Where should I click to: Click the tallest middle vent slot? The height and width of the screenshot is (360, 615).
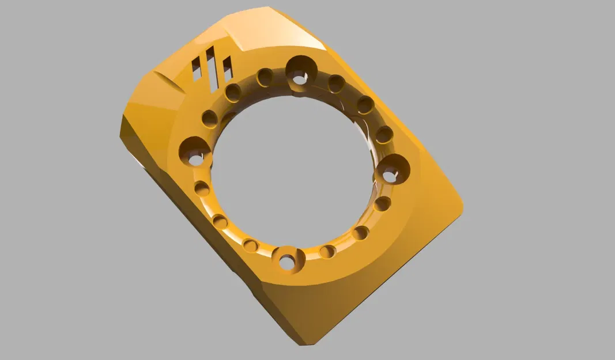211,68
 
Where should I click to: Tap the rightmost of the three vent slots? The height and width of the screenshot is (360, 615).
227,69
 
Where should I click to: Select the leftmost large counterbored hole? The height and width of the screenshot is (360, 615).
194,151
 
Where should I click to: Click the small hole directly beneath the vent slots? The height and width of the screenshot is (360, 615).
233,92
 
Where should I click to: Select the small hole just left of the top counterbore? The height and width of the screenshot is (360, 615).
265,77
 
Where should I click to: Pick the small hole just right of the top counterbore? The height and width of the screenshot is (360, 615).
337,84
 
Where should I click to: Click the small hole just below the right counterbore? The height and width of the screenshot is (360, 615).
382,203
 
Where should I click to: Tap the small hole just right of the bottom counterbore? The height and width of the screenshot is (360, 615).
327,252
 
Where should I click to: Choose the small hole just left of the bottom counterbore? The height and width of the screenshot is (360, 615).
250,245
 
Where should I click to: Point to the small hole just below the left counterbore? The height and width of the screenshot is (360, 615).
202,188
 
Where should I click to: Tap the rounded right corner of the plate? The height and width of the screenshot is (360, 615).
458,203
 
